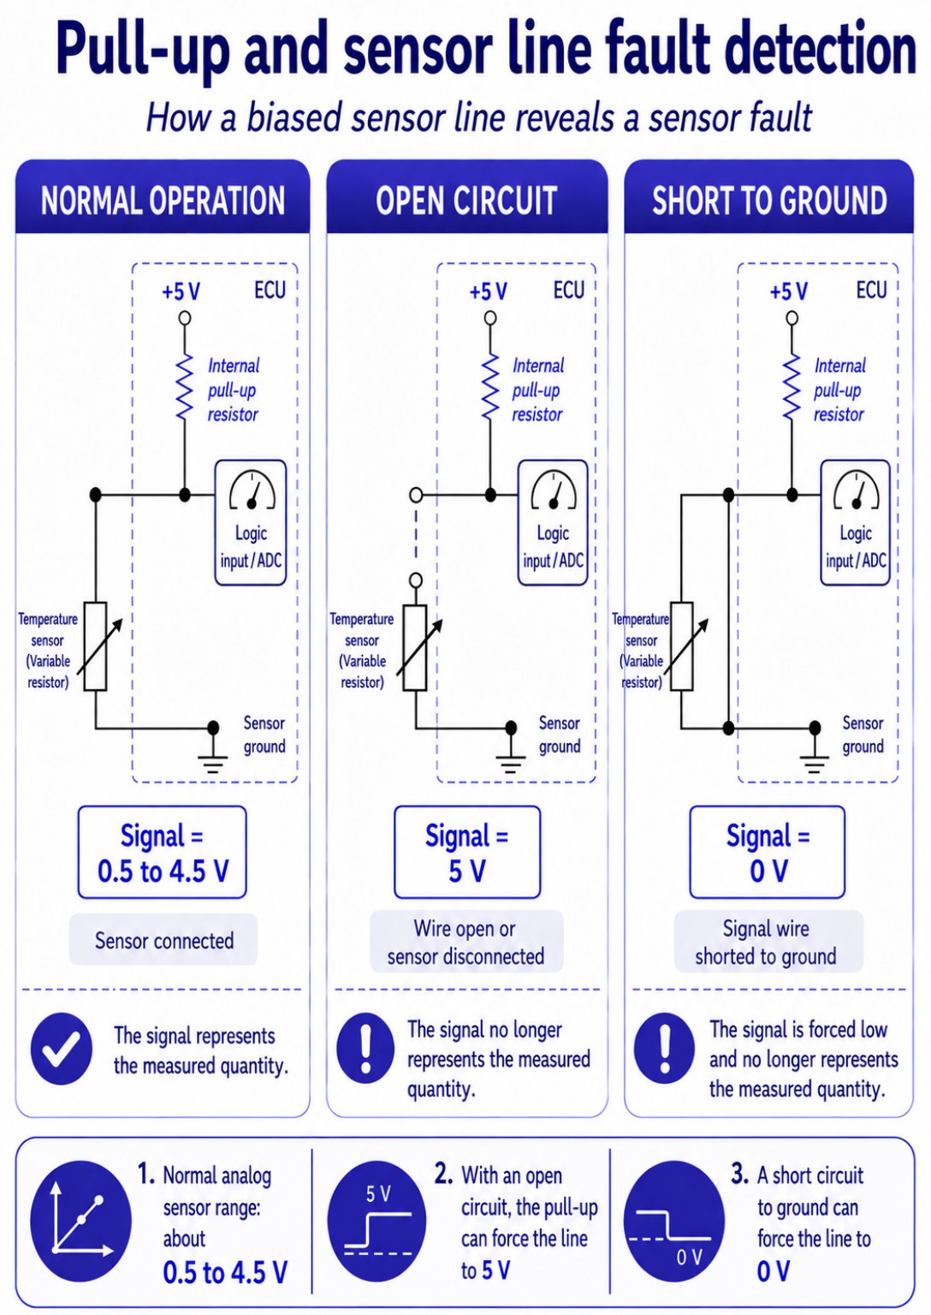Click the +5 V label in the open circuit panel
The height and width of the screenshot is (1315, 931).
click(x=488, y=292)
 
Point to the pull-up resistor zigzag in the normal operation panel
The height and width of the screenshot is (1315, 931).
click(x=185, y=386)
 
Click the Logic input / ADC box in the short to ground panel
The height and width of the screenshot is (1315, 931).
click(x=856, y=522)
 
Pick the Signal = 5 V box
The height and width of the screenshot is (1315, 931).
click(x=467, y=852)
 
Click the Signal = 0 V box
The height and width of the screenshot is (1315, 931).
click(x=768, y=852)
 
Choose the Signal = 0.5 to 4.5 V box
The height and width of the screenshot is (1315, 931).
click(x=163, y=852)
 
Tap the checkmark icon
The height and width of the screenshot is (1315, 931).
click(x=61, y=1049)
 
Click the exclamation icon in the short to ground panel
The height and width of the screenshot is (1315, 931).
click(x=665, y=1049)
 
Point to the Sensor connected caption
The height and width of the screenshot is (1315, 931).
click(x=164, y=941)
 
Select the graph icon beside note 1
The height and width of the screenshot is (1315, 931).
click(x=80, y=1221)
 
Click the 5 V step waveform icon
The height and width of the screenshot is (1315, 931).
click(x=377, y=1221)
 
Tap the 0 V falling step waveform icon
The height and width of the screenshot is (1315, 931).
click(x=674, y=1221)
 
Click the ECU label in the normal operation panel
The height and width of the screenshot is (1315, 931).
click(x=270, y=290)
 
